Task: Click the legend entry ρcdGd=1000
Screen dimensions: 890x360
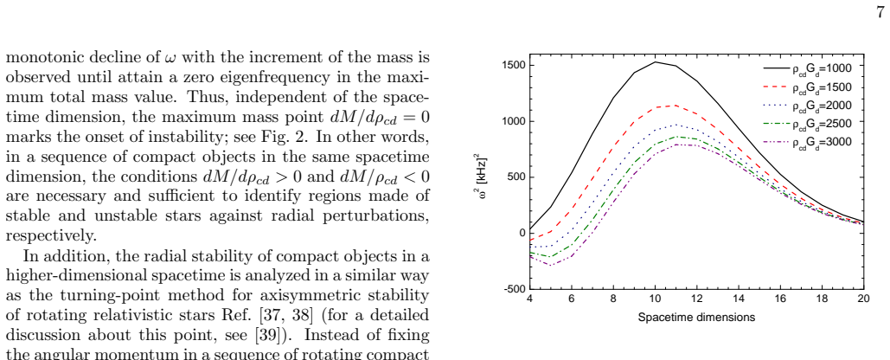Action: pos(807,68)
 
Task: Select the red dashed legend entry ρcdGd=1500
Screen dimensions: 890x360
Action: pos(807,87)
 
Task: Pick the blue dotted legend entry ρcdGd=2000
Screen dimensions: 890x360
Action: pos(807,106)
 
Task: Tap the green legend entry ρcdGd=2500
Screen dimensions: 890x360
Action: pos(807,123)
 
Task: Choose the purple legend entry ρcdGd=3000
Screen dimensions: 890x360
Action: pos(807,142)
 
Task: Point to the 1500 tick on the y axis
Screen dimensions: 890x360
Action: pos(514,65)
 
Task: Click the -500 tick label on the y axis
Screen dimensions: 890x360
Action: pos(514,288)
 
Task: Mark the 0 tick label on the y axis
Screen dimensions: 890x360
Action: pos(522,233)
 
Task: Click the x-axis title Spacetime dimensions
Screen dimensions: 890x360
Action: pos(696,318)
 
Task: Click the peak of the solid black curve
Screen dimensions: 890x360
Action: pos(656,62)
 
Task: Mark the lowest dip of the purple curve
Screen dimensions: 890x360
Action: pos(551,265)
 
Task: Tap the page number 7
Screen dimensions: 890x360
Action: pos(880,13)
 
